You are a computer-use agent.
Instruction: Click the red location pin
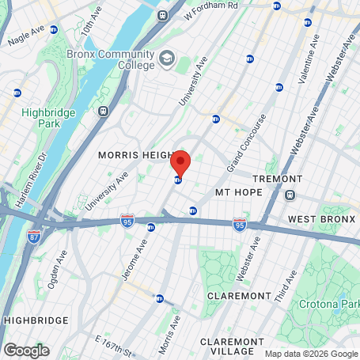click(180, 162)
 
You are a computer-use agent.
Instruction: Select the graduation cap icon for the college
click(167, 58)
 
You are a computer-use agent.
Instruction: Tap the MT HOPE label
click(237, 192)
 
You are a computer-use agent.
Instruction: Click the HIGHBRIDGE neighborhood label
click(32, 320)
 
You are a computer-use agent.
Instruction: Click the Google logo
click(26, 350)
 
